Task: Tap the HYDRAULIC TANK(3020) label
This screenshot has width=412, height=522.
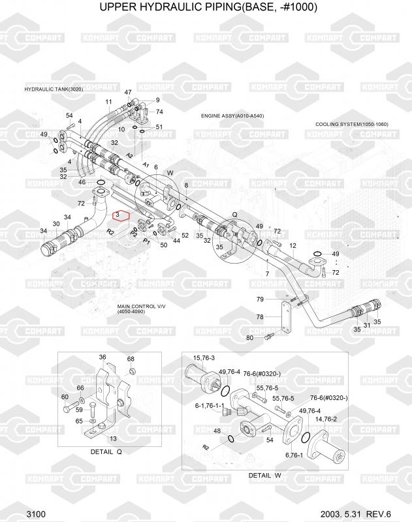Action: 54,89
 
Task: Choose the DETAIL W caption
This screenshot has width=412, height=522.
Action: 264,475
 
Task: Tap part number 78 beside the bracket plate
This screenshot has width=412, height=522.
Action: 259,316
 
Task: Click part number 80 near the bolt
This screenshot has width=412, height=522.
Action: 249,337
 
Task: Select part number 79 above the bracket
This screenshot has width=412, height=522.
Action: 259,299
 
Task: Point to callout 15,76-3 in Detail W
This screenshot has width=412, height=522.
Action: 204,358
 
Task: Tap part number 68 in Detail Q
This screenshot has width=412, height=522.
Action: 131,359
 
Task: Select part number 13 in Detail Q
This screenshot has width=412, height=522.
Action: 113,438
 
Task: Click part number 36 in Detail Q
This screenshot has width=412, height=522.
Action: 103,357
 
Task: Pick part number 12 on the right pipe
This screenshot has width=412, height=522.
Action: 293,246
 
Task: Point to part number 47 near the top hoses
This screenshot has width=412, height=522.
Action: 128,93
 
